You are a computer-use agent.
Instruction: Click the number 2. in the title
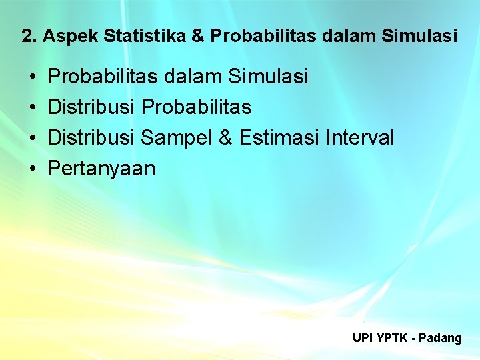coord(29,36)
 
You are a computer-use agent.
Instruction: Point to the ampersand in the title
coord(198,36)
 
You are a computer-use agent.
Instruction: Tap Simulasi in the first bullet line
coord(269,77)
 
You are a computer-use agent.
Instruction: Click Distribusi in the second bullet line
coord(93,107)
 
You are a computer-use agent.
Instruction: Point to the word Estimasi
coord(279,138)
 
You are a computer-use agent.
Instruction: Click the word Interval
coord(361,138)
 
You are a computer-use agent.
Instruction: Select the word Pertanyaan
coord(102,169)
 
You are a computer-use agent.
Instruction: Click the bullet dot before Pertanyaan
coord(32,169)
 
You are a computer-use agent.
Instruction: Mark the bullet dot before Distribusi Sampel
coord(32,139)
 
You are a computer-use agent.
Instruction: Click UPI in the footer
coord(363,338)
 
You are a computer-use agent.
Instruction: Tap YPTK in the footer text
coord(391,338)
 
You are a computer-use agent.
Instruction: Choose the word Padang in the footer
coord(441,339)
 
